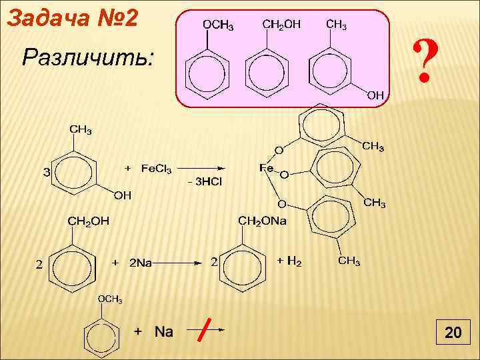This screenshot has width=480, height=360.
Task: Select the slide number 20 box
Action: (453, 333)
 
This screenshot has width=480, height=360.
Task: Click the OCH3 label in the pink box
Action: (217, 26)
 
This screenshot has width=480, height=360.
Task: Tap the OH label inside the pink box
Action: (375, 95)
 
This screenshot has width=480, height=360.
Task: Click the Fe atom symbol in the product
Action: (266, 169)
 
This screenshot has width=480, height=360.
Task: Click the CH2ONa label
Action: (262, 221)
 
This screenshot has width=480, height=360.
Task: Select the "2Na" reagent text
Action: (140, 263)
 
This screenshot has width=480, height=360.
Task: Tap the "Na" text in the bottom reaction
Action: (164, 331)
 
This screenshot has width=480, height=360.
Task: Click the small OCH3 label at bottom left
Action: (110, 299)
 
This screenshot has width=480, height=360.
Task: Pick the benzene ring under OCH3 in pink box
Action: (207, 72)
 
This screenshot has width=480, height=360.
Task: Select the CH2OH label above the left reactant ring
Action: (87, 221)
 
